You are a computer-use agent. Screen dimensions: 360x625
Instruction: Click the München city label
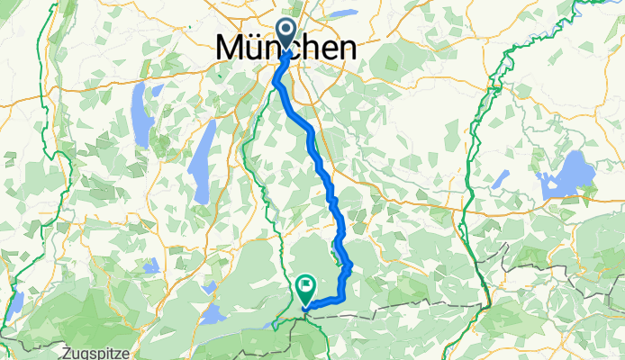pos(286,48)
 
